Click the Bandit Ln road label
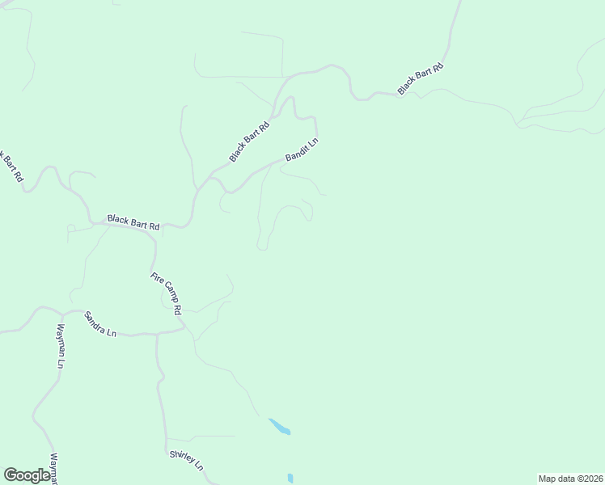(302, 149)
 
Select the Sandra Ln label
(101, 327)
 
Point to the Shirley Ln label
(187, 461)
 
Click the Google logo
(27, 475)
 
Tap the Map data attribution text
(570, 478)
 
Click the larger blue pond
(279, 426)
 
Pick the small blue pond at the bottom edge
(290, 479)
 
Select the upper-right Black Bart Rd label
(421, 78)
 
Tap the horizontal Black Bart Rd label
(133, 222)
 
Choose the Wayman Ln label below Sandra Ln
(59, 347)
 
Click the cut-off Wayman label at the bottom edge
(54, 470)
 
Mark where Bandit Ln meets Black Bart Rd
(212, 175)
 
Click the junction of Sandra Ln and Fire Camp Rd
(185, 329)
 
